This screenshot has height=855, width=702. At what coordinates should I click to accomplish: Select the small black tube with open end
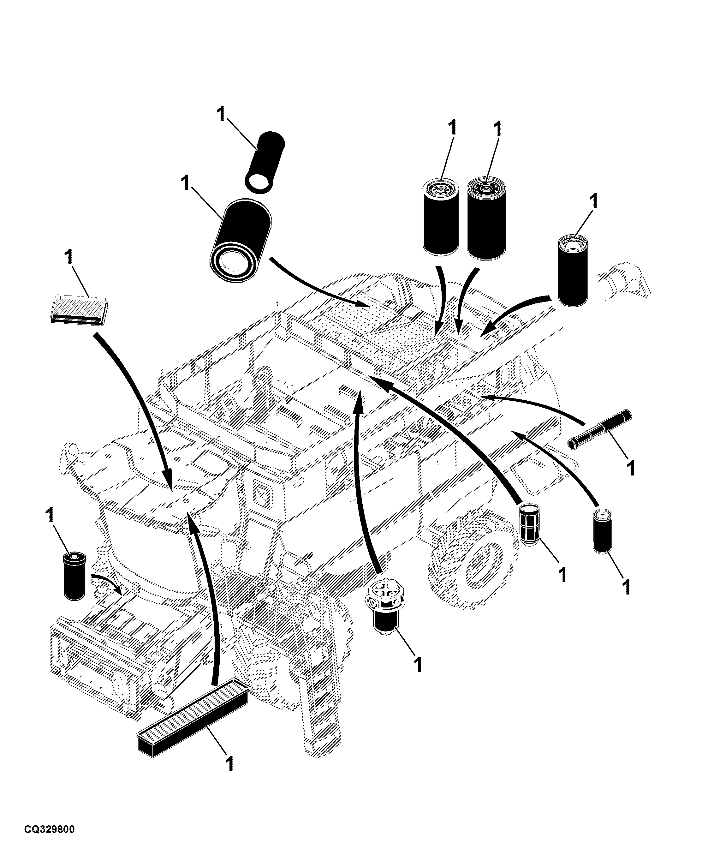pyautogui.click(x=265, y=161)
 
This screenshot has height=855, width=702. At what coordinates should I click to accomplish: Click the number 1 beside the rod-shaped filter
pyautogui.click(x=630, y=468)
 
